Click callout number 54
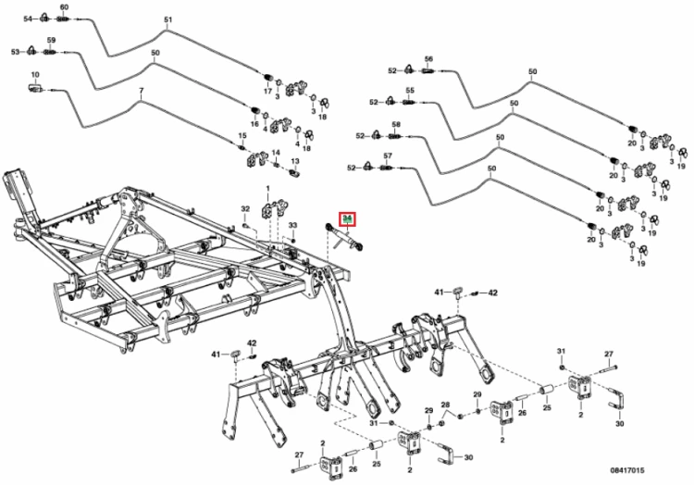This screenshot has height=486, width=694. [x=29, y=19]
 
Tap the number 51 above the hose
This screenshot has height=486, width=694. [x=167, y=19]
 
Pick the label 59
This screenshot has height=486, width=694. [x=52, y=40]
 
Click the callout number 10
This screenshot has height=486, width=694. [x=35, y=74]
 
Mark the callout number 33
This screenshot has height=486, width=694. [x=291, y=225]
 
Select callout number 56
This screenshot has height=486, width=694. [x=428, y=58]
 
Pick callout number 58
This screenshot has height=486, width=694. [x=395, y=124]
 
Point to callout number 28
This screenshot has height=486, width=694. [x=445, y=405]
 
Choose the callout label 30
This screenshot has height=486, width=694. [x=468, y=457]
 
